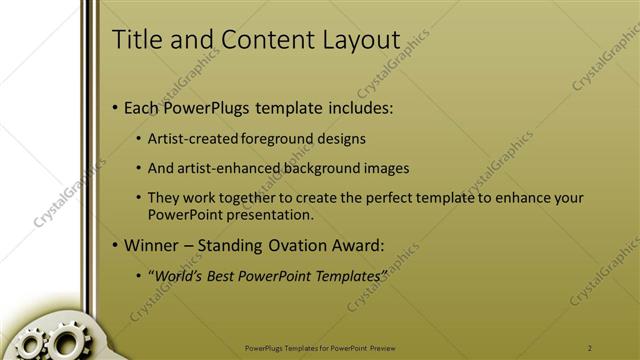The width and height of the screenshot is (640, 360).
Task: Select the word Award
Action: pyautogui.click(x=361, y=244)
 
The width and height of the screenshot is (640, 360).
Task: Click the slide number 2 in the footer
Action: pyautogui.click(x=590, y=347)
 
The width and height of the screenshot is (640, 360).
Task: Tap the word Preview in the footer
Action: pyautogui.click(x=389, y=347)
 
